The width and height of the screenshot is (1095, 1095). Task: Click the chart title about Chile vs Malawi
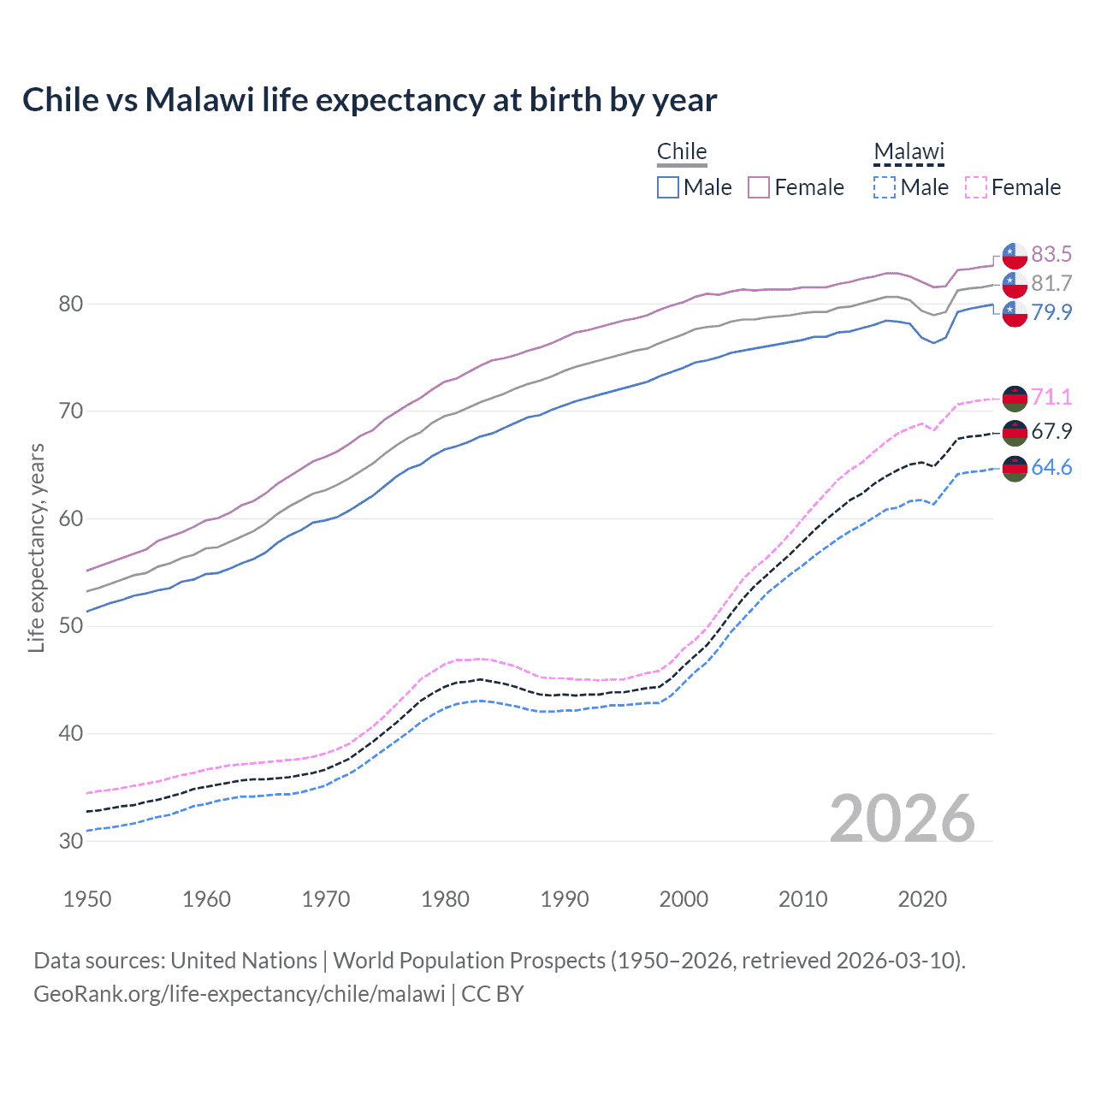[x=370, y=100]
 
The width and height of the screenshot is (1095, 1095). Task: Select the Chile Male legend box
[x=668, y=187]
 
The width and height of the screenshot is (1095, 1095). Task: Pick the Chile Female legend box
[x=759, y=187]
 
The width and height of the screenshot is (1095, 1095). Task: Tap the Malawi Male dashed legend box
[x=885, y=187]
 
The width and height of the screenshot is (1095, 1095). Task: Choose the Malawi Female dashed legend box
[x=975, y=187]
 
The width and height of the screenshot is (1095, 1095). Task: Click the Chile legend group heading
[x=682, y=151]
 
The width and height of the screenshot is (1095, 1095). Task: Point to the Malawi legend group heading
[x=909, y=151]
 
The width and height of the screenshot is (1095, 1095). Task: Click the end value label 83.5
[x=1051, y=254]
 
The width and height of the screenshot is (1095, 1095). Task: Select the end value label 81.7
[x=1051, y=283]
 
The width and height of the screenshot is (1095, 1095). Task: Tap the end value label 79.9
[x=1051, y=312]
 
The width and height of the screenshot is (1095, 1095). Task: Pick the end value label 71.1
[x=1051, y=397]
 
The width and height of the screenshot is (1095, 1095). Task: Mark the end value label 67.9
[x=1051, y=431]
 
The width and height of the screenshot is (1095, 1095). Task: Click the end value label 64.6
[x=1051, y=467]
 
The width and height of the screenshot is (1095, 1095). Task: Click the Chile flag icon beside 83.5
[x=1015, y=255]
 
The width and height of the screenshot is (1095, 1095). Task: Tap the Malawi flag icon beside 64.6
[x=1015, y=469]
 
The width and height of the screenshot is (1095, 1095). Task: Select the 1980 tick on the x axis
[x=445, y=899]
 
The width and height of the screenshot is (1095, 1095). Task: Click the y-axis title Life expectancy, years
[x=36, y=547]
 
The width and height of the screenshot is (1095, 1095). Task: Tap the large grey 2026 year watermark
[x=903, y=819]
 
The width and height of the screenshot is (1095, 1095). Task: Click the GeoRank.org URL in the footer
[x=240, y=994]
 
